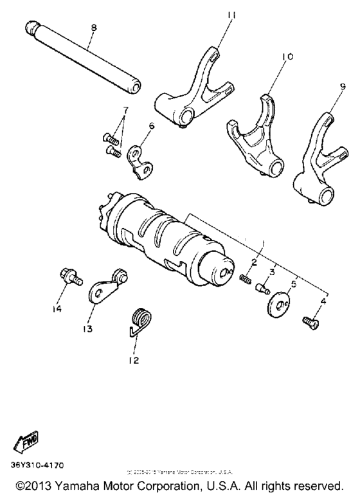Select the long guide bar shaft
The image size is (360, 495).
pos(85,59)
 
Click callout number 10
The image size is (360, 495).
pos(287,57)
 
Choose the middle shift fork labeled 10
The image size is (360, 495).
pos(257,136)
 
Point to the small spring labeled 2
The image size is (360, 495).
pos(245,277)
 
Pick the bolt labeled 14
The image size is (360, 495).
pos(66,277)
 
